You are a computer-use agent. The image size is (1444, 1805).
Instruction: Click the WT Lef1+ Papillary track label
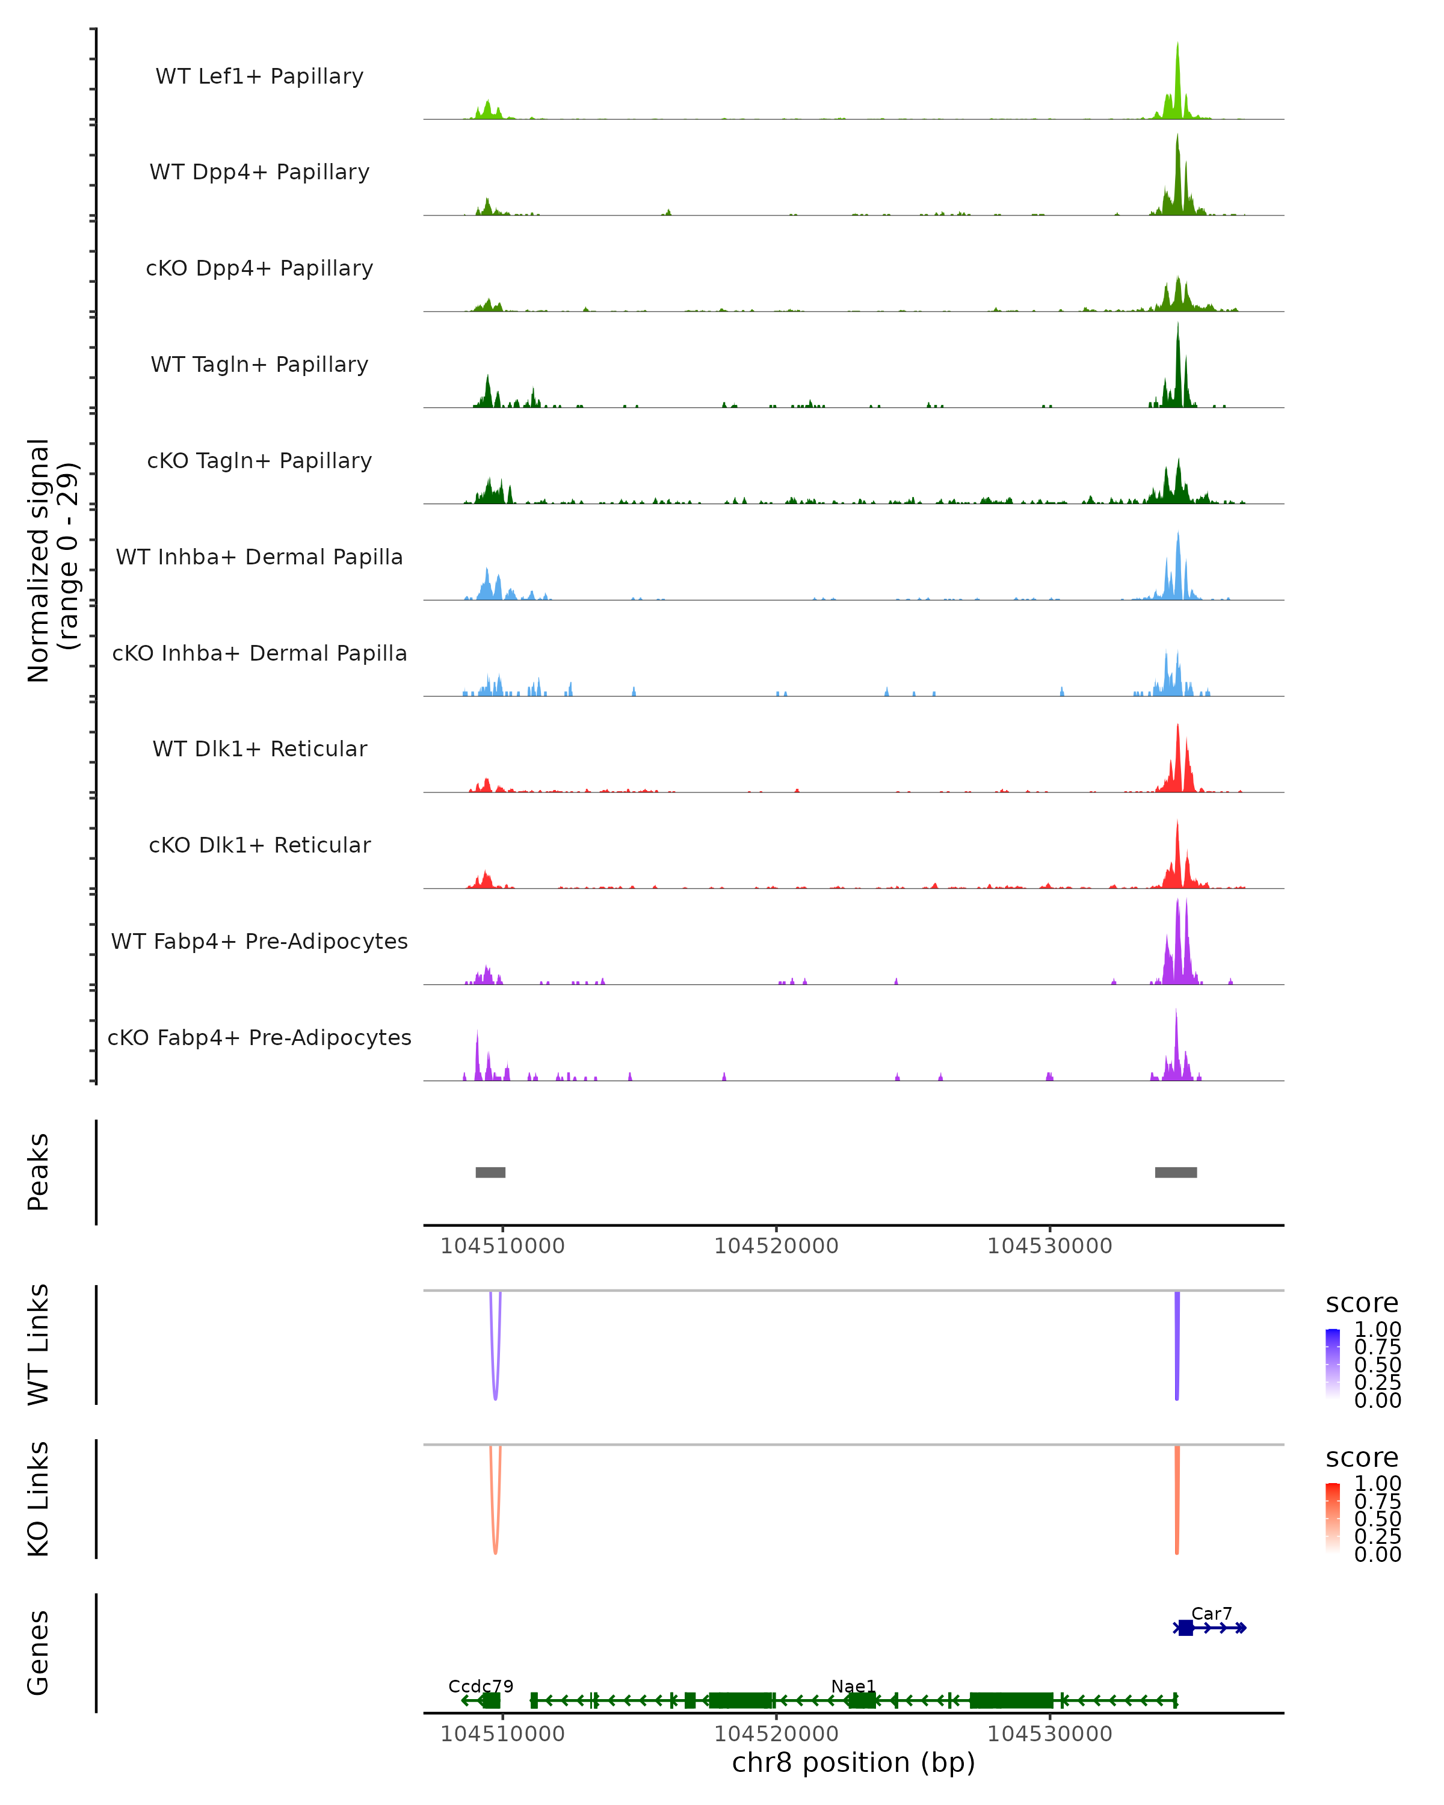click(x=259, y=76)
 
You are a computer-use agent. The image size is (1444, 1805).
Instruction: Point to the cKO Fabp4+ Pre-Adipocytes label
click(x=259, y=1037)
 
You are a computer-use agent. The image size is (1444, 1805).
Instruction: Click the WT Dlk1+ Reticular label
click(x=259, y=748)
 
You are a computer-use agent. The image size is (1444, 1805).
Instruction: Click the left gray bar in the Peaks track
click(x=490, y=1172)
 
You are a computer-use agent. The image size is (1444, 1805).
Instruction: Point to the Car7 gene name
click(x=1211, y=1613)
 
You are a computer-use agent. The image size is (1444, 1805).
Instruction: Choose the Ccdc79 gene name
click(x=481, y=1686)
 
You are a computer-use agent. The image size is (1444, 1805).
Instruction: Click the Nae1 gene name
click(x=853, y=1686)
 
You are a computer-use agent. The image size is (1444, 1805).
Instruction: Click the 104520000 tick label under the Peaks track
click(x=776, y=1246)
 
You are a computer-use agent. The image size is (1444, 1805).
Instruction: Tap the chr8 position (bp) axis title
click(x=853, y=1762)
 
